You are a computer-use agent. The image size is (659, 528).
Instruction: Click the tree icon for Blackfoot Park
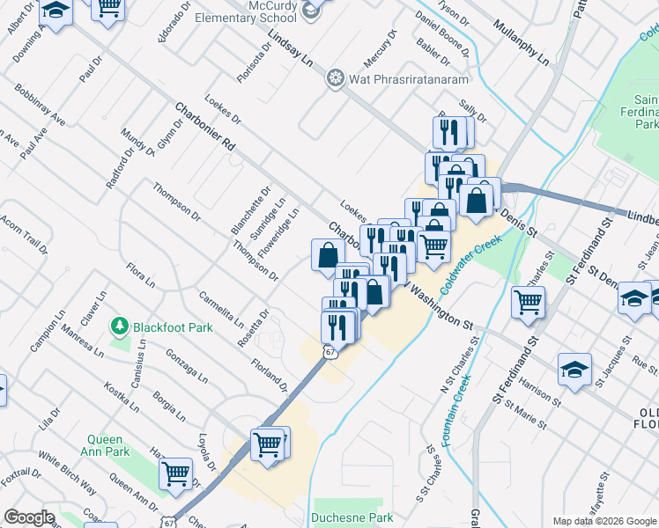tap(120, 327)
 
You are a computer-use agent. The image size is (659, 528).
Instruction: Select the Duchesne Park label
tap(353, 517)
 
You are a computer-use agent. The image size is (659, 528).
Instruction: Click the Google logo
tap(29, 517)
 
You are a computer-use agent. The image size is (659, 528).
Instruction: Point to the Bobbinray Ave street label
tap(40, 105)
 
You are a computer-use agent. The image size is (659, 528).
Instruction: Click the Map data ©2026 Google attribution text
tap(604, 520)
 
